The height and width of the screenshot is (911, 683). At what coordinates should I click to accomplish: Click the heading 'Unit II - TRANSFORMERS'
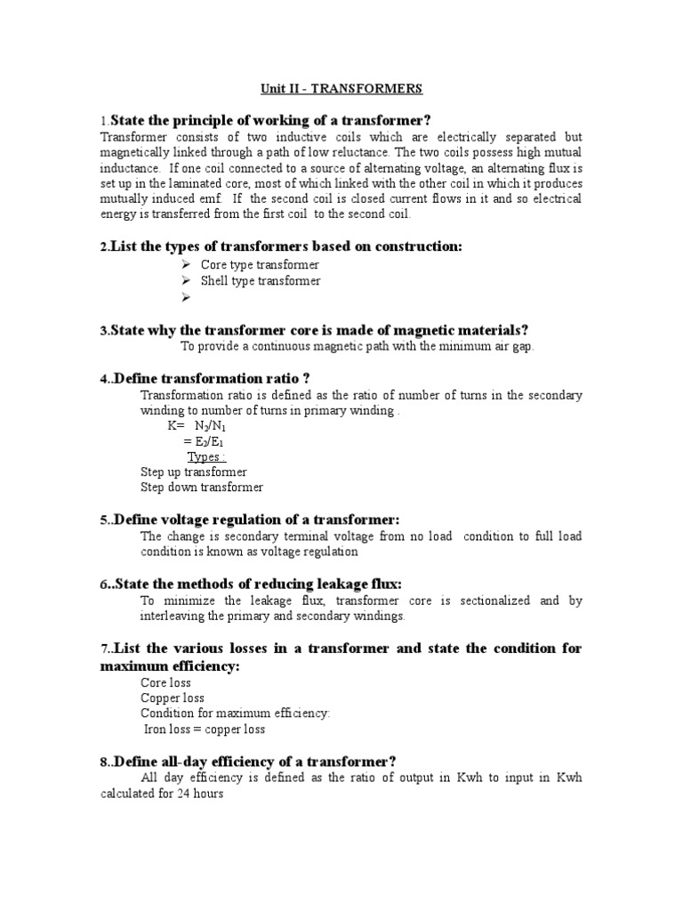(x=341, y=89)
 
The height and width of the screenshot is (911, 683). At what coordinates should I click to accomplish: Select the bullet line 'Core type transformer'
(x=260, y=265)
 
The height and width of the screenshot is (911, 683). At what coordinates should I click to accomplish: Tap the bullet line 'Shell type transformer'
(x=261, y=281)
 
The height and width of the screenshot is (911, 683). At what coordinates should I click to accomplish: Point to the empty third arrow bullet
(x=185, y=297)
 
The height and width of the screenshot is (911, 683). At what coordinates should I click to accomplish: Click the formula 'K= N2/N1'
(x=191, y=426)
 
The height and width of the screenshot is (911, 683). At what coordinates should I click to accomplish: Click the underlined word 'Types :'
(x=205, y=457)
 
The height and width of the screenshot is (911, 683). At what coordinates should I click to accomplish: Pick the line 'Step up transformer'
(x=194, y=472)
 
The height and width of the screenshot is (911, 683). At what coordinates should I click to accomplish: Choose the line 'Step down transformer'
(x=202, y=488)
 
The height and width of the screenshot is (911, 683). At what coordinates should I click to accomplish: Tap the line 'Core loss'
(x=166, y=683)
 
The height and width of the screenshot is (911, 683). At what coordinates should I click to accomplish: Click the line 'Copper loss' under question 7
(x=173, y=698)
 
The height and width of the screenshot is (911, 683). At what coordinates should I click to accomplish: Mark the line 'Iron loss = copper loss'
(x=205, y=730)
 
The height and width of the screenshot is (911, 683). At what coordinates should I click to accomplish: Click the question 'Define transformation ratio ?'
(x=212, y=379)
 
